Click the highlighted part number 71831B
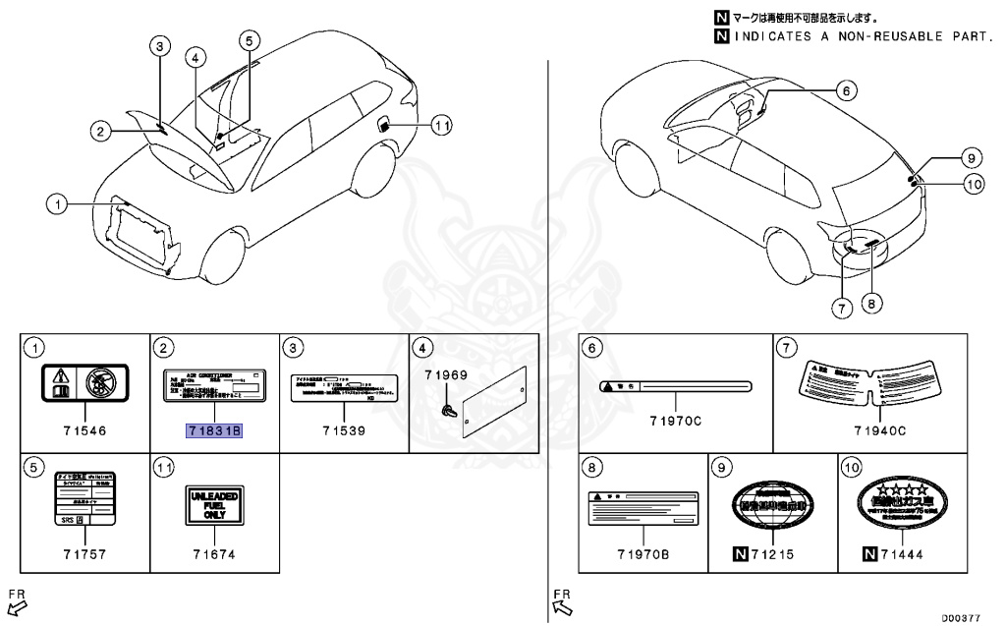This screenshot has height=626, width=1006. (214, 430)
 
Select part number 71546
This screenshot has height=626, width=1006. (84, 430)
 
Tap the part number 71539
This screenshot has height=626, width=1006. (344, 430)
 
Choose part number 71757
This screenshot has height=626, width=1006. (84, 554)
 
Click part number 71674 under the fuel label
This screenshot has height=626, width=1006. (214, 554)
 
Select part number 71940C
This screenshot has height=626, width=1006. (878, 430)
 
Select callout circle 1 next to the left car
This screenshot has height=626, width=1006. (58, 204)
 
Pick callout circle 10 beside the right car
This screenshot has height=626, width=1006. (973, 183)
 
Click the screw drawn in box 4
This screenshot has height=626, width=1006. (448, 410)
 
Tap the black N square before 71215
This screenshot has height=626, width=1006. (740, 554)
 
